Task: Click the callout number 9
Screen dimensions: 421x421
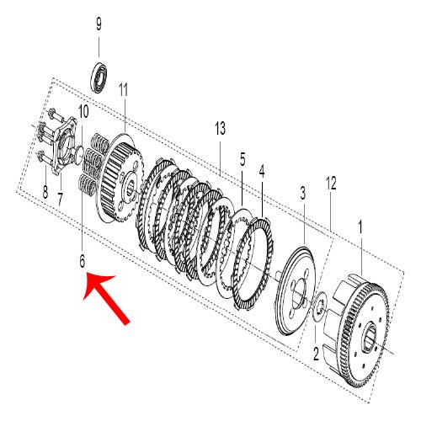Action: (99, 24)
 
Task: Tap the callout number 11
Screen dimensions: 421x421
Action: (123, 90)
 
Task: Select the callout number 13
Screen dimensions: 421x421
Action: (221, 128)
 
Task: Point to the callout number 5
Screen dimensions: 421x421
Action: (242, 159)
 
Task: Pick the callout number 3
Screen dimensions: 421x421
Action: (302, 193)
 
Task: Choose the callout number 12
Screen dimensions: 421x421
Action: (331, 184)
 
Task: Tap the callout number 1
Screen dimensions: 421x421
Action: (360, 227)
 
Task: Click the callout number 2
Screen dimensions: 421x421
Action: (316, 354)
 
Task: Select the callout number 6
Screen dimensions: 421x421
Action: (82, 261)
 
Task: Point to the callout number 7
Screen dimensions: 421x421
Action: (60, 200)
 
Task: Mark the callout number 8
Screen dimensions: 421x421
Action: (45, 192)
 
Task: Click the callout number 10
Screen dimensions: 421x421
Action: (83, 111)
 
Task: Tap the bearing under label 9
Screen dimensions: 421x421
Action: (99, 76)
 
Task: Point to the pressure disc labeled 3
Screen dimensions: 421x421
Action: (295, 291)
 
